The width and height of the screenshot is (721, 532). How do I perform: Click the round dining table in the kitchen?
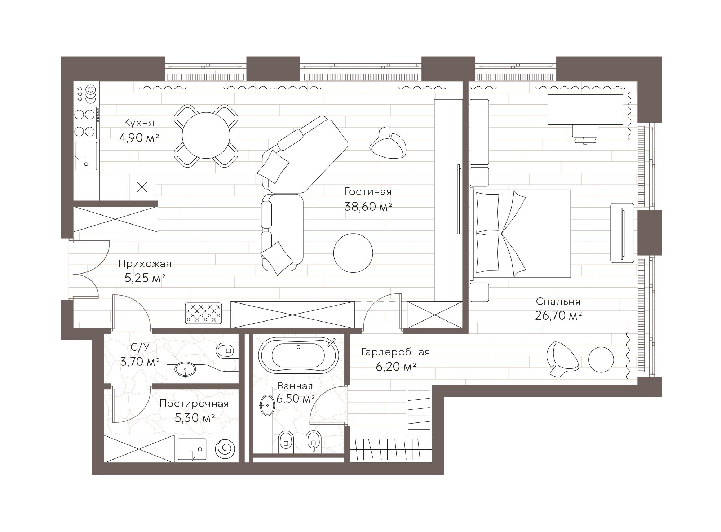pos(206,136)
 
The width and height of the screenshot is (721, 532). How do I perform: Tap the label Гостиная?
pos(368,191)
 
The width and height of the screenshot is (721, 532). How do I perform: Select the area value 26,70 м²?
pos(558,316)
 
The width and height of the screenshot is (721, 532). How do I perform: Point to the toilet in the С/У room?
pos(226,350)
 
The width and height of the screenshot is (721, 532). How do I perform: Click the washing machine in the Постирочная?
pos(225,448)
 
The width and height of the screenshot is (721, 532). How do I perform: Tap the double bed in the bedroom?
pos(521,234)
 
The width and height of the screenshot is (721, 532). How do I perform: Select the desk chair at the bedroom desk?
pos(585,134)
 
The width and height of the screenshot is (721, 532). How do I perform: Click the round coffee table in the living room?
pos(353,253)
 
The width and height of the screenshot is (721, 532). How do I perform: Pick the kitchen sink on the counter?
pos(85,156)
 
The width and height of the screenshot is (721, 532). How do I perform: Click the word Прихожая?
pos(145,264)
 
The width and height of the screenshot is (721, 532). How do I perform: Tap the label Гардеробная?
pos(396,352)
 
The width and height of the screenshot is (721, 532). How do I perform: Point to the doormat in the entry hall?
pos(203,313)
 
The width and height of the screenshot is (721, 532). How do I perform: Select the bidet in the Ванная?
pos(313,441)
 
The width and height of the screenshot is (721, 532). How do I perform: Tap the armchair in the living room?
pos(388,143)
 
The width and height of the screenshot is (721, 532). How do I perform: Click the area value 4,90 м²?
pos(139,138)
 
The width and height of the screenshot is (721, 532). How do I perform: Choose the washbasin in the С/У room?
pos(185,369)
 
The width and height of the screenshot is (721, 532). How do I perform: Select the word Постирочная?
pos(194,403)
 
